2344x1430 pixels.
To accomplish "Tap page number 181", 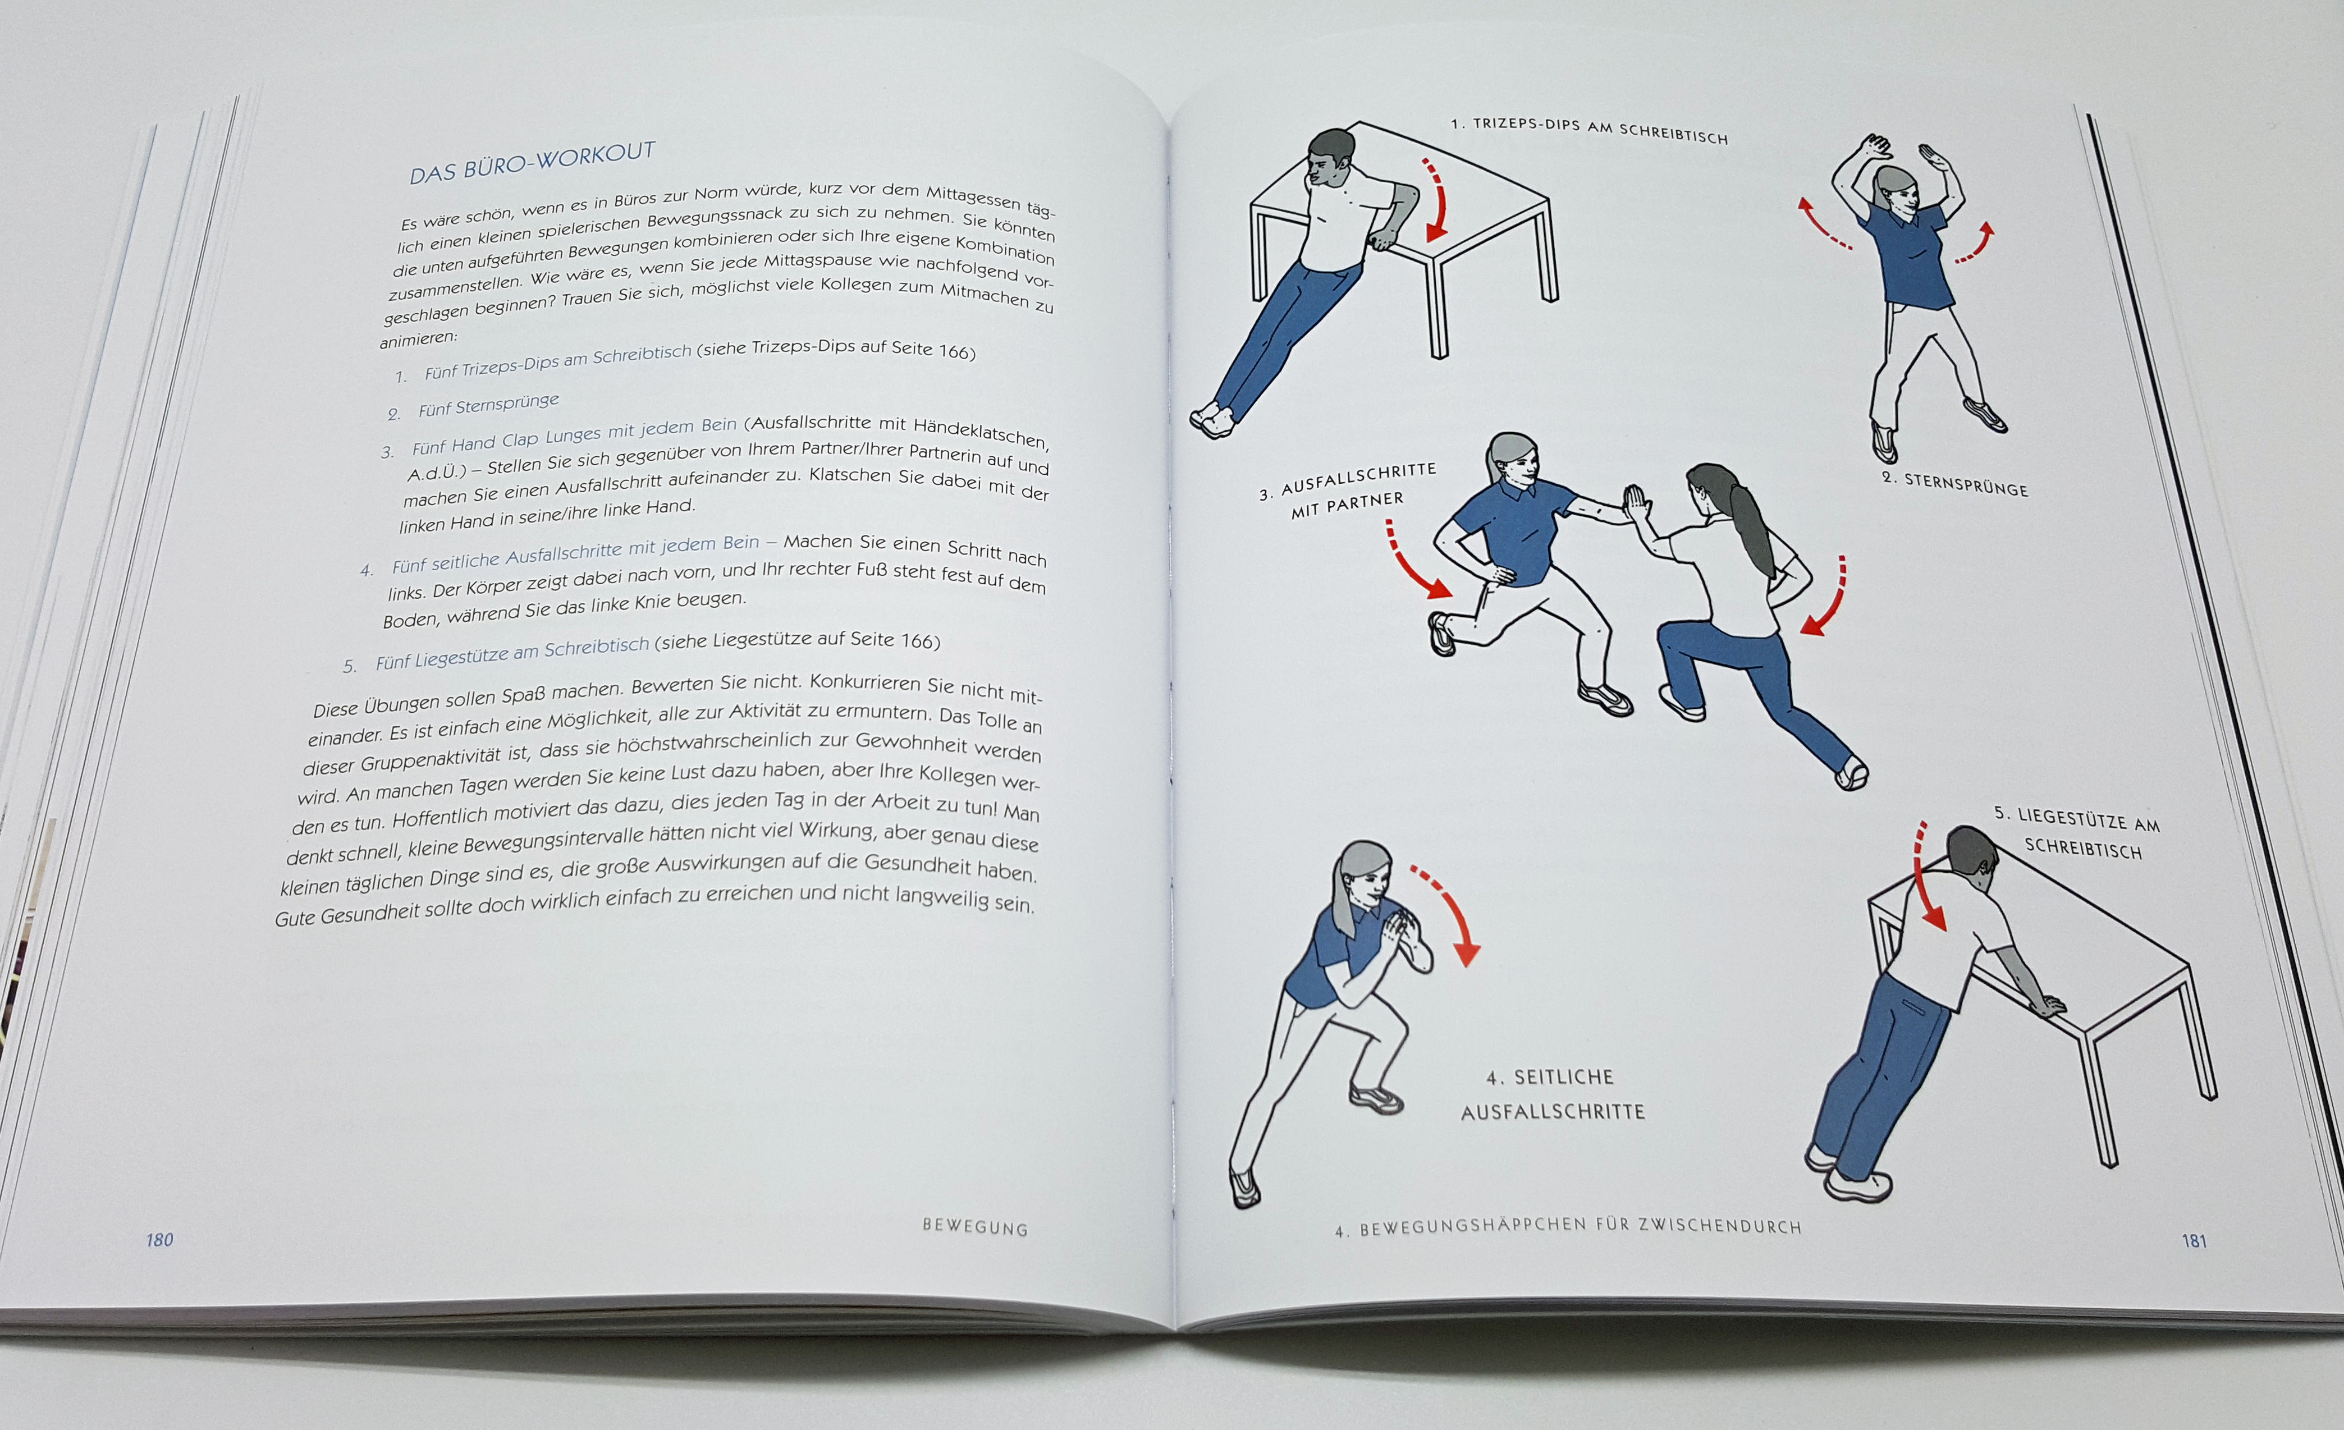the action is click(2194, 1241).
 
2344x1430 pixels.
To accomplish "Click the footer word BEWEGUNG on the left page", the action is click(975, 1227).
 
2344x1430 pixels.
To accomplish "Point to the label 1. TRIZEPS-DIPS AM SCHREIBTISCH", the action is click(1588, 130).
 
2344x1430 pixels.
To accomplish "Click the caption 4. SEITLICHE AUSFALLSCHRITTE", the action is click(1553, 1094).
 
